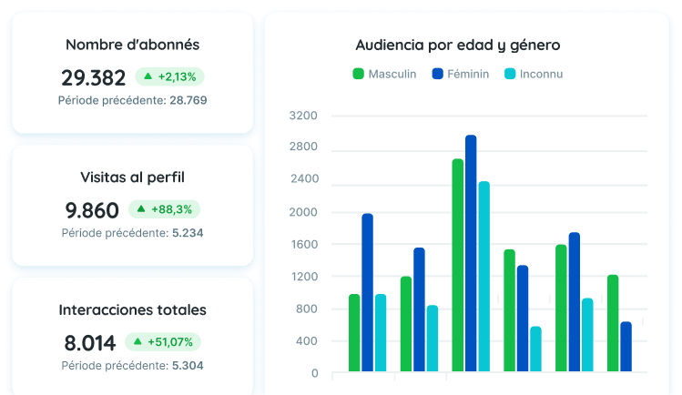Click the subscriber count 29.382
94,77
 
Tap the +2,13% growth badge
169,77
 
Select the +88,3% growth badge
165,209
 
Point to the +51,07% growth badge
163,342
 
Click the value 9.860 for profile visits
92,211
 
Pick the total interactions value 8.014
90,343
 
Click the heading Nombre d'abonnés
133,45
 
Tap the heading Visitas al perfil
133,177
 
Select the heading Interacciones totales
133,309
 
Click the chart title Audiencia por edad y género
458,46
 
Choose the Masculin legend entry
384,74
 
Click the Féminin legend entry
461,74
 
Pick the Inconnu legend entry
534,74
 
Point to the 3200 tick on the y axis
303,116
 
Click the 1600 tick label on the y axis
304,244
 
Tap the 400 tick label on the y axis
307,341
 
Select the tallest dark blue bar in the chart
471,253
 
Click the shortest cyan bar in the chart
535,349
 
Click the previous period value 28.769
188,100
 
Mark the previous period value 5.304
188,366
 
